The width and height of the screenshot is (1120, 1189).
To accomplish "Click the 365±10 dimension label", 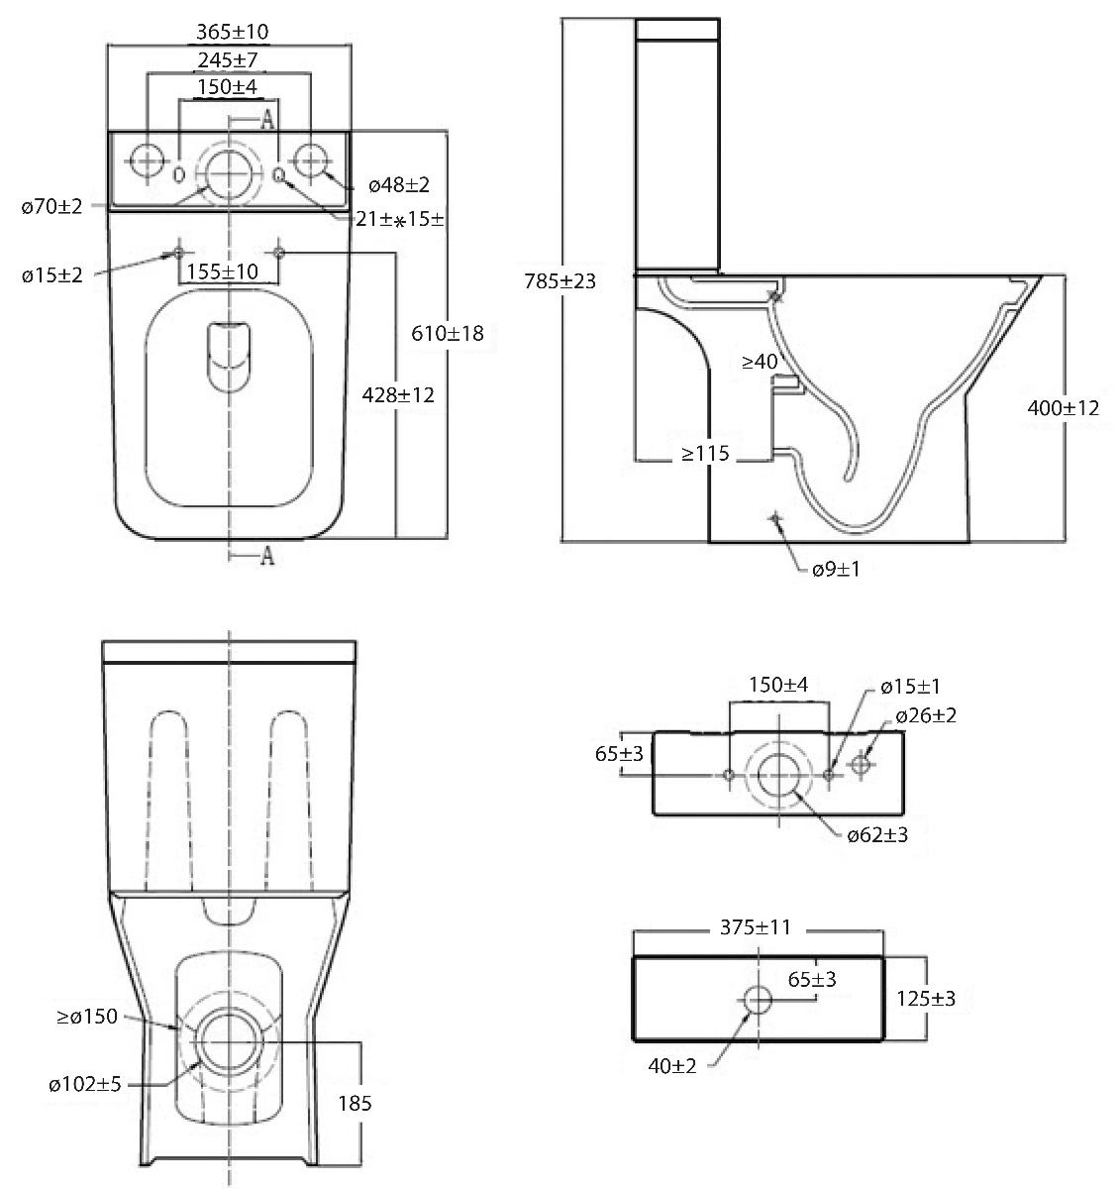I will click(232, 32).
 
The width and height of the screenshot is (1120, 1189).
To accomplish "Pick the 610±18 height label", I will click(448, 333).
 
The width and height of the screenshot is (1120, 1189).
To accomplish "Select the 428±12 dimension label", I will click(399, 394).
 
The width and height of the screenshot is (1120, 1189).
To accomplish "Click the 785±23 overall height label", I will click(560, 280).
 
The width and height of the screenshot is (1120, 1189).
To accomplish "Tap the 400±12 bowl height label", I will click(1063, 407).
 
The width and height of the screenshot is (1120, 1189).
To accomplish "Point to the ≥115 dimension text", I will click(704, 454).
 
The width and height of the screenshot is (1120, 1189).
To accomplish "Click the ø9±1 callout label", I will click(836, 570).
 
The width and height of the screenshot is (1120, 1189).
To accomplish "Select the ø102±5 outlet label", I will click(85, 1084).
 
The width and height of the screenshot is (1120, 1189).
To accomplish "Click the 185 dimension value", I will click(355, 1102).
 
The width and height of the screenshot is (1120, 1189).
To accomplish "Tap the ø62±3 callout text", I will click(877, 834).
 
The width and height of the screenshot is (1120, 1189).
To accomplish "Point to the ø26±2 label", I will click(926, 715).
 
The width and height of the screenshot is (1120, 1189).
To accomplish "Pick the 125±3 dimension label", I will click(925, 999).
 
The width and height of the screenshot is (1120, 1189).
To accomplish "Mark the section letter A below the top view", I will click(266, 557).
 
